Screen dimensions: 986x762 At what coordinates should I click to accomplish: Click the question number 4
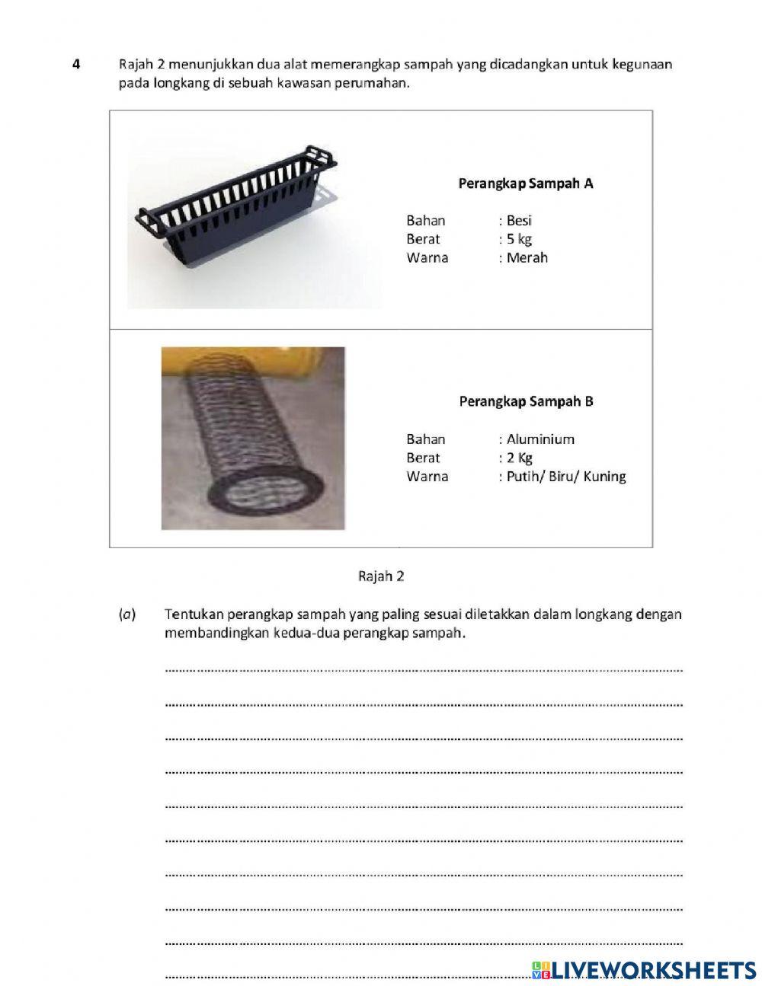click(75, 65)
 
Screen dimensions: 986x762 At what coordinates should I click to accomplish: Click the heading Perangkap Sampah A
click(525, 183)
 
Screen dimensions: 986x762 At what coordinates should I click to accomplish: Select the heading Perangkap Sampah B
click(526, 401)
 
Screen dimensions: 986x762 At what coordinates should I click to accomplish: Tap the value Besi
click(519, 221)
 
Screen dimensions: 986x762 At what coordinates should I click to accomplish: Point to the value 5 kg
click(519, 239)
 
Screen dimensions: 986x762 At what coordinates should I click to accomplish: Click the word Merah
click(527, 257)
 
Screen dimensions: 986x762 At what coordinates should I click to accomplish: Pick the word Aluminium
click(540, 439)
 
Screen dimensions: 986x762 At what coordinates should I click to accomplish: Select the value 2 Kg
click(520, 458)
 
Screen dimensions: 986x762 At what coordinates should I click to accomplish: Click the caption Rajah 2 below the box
click(381, 576)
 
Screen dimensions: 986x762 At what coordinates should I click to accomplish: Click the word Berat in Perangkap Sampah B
click(423, 458)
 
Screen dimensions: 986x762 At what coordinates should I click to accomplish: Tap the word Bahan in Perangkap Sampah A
click(425, 221)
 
